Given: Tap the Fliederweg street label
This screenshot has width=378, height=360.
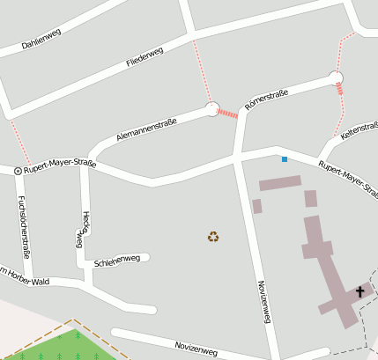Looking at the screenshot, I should [x=145, y=57].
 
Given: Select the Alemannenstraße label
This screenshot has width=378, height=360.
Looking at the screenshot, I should [x=146, y=130].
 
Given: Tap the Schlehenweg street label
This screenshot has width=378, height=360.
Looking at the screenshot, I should [x=116, y=261].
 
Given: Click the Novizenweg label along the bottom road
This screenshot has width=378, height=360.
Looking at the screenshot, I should [x=195, y=347].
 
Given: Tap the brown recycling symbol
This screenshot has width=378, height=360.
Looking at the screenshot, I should [x=213, y=236].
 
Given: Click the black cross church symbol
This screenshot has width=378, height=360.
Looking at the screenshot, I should [x=359, y=291].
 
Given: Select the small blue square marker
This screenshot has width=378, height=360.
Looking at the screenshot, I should [x=284, y=159].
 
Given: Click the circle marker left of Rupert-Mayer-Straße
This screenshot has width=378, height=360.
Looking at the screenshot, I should [x=18, y=170].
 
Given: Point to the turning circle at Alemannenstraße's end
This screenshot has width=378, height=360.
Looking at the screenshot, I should [x=211, y=109].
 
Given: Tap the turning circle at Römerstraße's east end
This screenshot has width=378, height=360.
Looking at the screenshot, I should [x=335, y=77].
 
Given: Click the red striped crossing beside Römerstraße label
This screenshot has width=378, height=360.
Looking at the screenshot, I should [x=228, y=114].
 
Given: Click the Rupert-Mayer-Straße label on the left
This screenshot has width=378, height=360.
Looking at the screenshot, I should [x=59, y=165].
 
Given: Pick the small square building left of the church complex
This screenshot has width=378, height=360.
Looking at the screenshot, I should [x=257, y=206].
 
